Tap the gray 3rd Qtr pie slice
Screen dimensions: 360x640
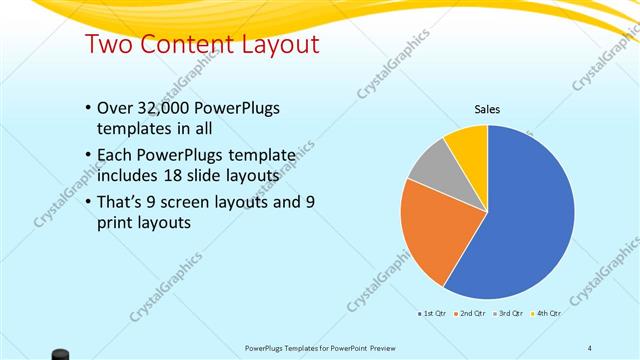coord(430,165)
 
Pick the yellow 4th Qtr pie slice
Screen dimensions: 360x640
coord(468,142)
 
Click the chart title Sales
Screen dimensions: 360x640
coord(487,110)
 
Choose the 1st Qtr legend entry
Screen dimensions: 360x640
coord(433,314)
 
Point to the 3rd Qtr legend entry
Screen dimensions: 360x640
coord(509,314)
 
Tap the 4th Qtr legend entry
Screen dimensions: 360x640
coord(546,314)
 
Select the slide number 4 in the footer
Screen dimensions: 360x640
coord(589,348)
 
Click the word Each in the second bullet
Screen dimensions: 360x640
coord(114,155)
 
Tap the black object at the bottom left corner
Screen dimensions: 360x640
coord(61,353)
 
